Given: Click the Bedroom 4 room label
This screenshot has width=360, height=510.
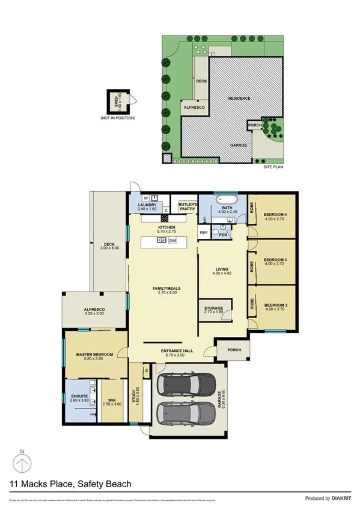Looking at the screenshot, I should point(276,215).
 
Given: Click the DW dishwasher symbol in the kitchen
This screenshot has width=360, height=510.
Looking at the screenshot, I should point(172,241).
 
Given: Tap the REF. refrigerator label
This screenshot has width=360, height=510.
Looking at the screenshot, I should point(204,232).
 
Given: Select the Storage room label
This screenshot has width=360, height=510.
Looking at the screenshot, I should point(213,308).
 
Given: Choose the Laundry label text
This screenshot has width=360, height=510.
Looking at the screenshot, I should point(147,205).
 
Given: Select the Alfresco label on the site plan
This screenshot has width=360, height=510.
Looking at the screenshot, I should point(194,107).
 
